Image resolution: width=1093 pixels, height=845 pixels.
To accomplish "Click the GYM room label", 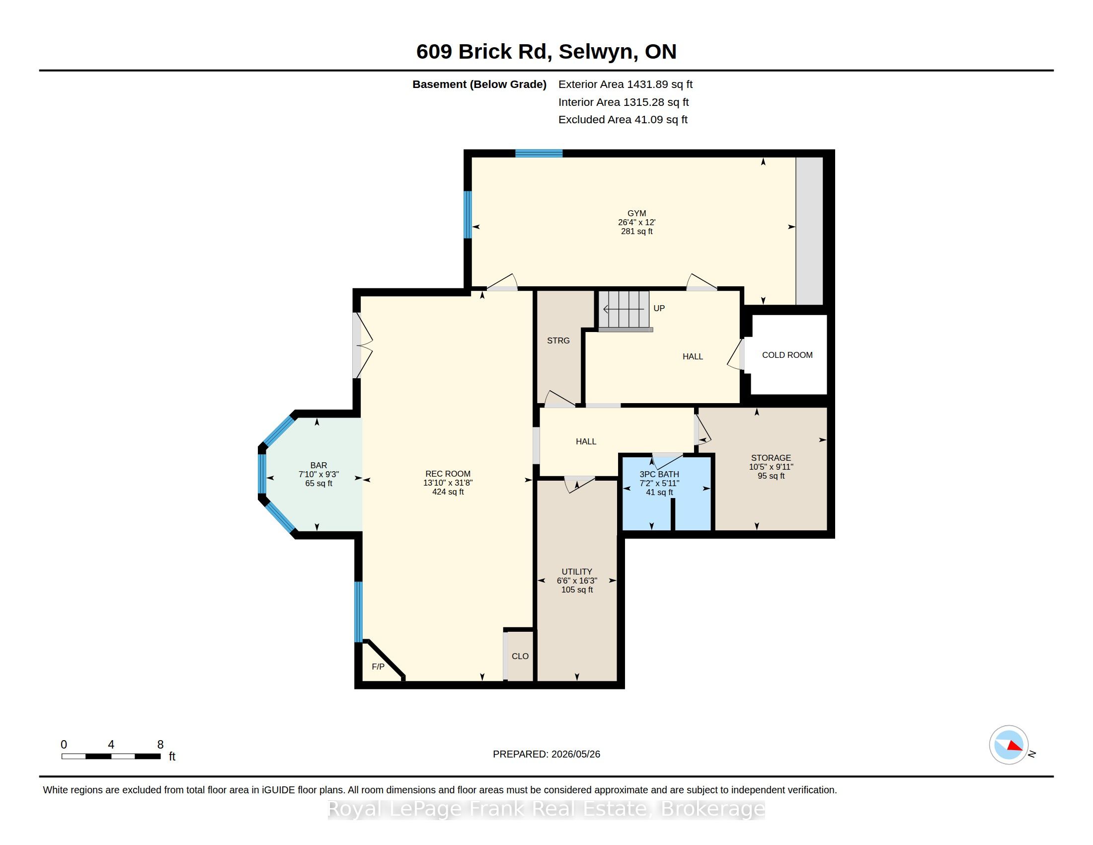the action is [x=636, y=213].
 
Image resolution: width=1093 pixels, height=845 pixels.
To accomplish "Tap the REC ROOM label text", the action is [x=448, y=474].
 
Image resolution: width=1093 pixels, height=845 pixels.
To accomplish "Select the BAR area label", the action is [x=319, y=466].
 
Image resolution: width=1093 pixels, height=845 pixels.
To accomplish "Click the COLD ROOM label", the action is [x=787, y=355].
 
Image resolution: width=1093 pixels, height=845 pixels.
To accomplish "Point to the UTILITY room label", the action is [x=576, y=572].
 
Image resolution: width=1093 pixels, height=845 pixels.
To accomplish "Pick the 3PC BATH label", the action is [x=659, y=475].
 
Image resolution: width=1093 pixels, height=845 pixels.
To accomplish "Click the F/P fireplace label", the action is [x=378, y=667].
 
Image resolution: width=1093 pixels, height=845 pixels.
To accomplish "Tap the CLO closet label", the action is [x=520, y=656].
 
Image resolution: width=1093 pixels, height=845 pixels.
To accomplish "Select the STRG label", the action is [x=558, y=341].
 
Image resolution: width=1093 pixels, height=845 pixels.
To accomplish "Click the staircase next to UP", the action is [x=625, y=310].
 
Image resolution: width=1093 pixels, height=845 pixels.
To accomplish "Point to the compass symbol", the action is [x=1009, y=745].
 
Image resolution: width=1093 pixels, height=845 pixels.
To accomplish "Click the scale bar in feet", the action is [x=111, y=757].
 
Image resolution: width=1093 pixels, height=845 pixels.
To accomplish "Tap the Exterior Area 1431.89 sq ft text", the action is [x=625, y=84].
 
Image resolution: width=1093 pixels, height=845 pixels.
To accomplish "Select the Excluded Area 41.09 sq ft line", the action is [x=623, y=120].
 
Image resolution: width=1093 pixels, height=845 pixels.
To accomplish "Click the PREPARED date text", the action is [x=546, y=755].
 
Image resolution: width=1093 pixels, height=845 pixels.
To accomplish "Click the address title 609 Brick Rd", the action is [x=546, y=52].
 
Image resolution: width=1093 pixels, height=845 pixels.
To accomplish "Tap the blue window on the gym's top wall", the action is [x=539, y=154].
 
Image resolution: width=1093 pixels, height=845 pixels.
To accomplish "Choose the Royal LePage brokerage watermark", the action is [x=546, y=809].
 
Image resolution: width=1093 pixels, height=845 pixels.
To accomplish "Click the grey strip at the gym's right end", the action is [x=809, y=231].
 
